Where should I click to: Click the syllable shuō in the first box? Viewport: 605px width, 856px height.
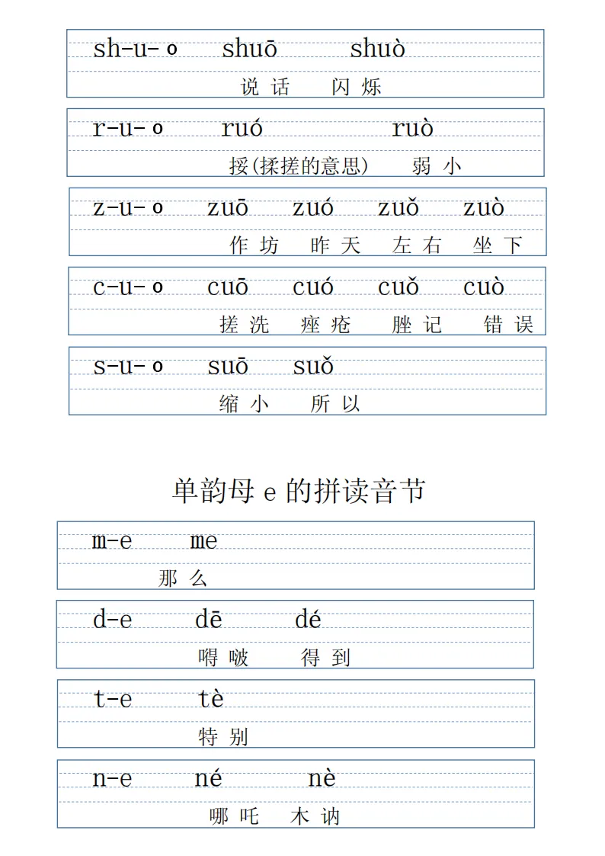(250, 50)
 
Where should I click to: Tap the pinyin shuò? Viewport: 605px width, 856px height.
(377, 50)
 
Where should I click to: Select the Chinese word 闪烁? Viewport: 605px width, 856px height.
(356, 87)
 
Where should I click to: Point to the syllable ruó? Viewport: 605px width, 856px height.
(242, 129)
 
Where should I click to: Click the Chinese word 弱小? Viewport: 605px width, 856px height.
(437, 165)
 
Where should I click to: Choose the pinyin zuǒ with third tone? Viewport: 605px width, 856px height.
(399, 208)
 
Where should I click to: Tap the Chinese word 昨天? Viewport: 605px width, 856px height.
(335, 245)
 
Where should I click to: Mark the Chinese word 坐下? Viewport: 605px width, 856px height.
(497, 245)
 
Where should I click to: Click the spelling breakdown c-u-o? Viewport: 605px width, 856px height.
(128, 287)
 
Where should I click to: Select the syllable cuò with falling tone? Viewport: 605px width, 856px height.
(484, 287)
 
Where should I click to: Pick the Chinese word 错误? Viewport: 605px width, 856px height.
(508, 325)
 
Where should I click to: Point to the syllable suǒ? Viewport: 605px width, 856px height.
(313, 367)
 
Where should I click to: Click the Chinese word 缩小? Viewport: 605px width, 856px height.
(244, 404)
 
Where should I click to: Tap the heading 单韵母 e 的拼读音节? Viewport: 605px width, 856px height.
(299, 491)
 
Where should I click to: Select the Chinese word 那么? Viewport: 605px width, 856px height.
(183, 579)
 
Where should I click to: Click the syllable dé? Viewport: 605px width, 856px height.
(308, 620)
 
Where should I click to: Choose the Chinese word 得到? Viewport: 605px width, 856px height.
(326, 657)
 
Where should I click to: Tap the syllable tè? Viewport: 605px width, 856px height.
(211, 700)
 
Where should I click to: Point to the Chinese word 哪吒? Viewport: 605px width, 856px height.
(234, 817)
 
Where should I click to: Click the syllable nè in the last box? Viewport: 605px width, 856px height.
(322, 779)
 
